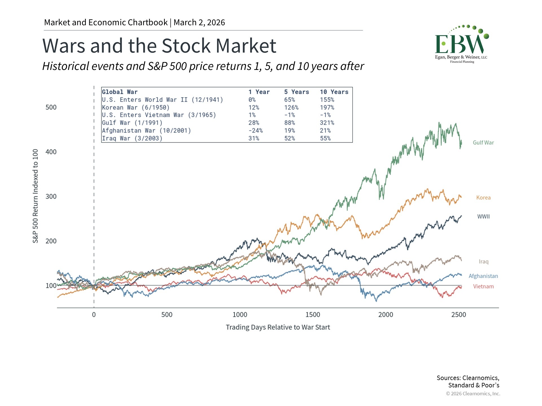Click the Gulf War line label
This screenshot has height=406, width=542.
483,143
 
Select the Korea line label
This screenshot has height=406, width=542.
483,198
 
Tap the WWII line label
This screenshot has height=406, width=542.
483,217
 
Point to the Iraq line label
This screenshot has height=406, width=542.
483,262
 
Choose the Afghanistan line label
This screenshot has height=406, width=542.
483,276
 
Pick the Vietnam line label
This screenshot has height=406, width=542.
483,286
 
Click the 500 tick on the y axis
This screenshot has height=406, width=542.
51,107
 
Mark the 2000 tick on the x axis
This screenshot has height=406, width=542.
386,315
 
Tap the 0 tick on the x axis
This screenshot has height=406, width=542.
94,315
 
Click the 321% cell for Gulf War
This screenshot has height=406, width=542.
327,123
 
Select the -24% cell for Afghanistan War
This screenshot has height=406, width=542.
255,131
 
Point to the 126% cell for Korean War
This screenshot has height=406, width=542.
291,108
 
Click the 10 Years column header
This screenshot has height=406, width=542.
334,92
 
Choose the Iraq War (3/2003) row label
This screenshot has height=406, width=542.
132,138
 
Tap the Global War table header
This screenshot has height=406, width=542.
120,92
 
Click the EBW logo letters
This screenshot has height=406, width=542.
460,44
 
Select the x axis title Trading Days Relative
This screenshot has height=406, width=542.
278,327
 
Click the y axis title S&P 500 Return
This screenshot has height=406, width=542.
35,196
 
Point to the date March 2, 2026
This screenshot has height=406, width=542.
199,23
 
